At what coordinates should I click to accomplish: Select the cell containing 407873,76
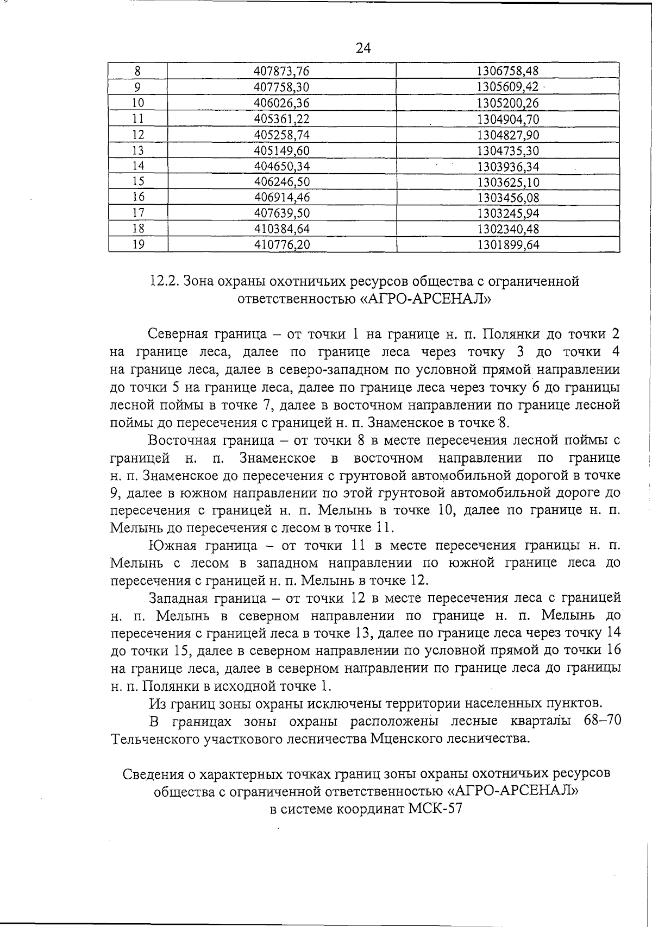click(281, 71)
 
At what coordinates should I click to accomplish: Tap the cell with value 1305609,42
click(507, 87)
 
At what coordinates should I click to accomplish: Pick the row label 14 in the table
click(138, 166)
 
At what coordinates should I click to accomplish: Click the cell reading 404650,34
click(281, 166)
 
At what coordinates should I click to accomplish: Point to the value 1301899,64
click(507, 245)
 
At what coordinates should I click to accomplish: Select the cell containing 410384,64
click(281, 229)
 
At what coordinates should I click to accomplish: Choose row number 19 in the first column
click(138, 245)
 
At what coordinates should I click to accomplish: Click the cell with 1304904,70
click(507, 119)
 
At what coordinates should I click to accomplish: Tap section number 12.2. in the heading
click(164, 281)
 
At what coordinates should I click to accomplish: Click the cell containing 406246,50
click(281, 182)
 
